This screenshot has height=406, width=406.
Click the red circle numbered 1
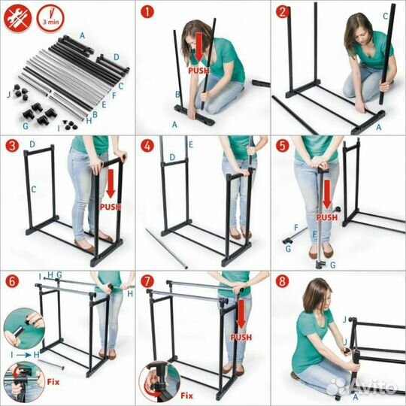147,12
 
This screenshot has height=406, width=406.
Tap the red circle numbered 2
283,12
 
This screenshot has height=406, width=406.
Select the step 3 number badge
12,147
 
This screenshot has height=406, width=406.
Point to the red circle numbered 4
147,147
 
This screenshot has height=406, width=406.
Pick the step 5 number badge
283,147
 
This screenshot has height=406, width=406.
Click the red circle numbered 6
12,281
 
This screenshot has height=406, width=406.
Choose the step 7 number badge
147,281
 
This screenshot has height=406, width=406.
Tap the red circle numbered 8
283,281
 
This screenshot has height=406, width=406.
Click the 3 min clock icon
50,18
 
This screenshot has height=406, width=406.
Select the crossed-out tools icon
18,18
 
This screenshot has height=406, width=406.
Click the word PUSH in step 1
198,71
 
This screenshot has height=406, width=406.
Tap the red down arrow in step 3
111,183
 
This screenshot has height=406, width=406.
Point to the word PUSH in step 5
327,217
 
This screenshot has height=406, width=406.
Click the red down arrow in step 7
241,314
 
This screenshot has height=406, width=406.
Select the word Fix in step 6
53,382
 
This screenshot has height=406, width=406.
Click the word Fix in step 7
186,396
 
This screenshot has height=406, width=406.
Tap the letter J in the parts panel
9,95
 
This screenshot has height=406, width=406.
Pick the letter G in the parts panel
26,126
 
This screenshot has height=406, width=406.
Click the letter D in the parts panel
117,57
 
